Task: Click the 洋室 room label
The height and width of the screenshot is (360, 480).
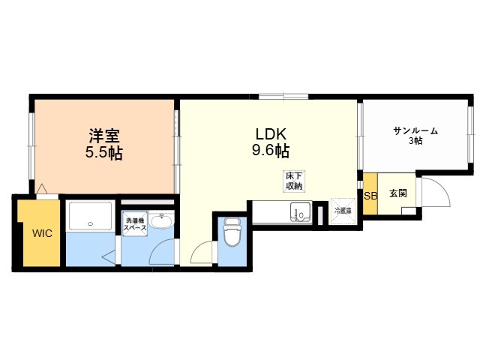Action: pos(104,136)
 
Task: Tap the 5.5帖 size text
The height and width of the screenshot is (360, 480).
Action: pos(104,153)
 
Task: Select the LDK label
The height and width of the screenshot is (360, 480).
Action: pos(271,133)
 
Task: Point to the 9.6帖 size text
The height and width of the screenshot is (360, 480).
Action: pos(271,150)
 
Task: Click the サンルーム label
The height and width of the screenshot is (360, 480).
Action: pos(415,131)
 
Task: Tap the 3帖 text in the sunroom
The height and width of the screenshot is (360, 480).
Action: pos(415,141)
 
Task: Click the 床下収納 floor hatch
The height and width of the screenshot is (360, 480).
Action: pos(294,181)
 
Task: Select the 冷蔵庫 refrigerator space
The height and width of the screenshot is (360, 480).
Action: pos(343,211)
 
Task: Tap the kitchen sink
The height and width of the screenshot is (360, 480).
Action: pos(300,211)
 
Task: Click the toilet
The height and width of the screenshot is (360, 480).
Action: pos(232,232)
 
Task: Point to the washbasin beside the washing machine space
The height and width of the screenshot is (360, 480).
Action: pos(162,221)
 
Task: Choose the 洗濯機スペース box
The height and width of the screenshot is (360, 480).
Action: pos(135,223)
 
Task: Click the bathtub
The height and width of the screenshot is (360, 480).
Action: pos(90,216)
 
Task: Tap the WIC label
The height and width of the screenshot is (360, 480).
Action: pos(42,233)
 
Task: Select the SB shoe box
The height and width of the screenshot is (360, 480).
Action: pos(370,194)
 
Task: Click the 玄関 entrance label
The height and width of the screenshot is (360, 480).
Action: pos(398,193)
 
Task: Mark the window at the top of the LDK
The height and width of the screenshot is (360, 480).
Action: pos(283,96)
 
